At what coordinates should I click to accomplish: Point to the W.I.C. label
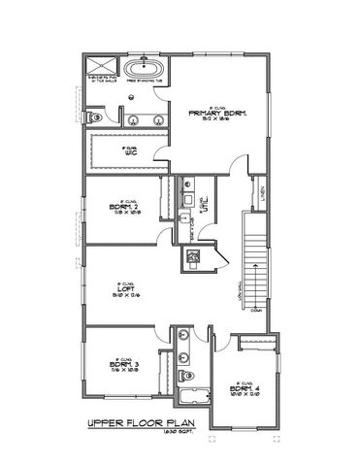(x=132, y=152)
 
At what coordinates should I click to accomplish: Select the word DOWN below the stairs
(x=256, y=312)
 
